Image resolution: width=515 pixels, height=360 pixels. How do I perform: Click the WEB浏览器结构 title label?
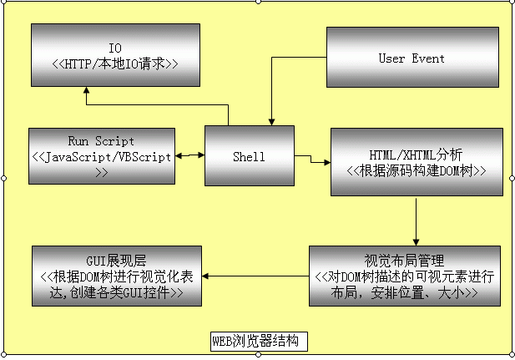coord(260,341)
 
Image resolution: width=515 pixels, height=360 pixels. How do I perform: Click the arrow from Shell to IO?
coord(159,105)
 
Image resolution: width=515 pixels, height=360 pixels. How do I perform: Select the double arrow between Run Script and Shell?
coord(190,155)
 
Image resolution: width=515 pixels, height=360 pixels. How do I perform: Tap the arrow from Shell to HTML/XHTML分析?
coord(313,160)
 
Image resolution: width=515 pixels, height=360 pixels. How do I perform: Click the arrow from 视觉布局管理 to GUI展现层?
coord(256,275)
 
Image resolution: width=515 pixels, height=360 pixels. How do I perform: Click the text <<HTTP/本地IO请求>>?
coord(115,63)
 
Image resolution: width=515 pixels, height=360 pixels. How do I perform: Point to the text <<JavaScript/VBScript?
coord(101,156)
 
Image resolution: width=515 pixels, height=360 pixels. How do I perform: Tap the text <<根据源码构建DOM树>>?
coord(416,170)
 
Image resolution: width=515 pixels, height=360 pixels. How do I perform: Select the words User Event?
coord(411,58)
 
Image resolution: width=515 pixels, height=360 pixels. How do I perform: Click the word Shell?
coord(250,156)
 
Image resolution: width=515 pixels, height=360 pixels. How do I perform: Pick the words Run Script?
coord(101,141)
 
